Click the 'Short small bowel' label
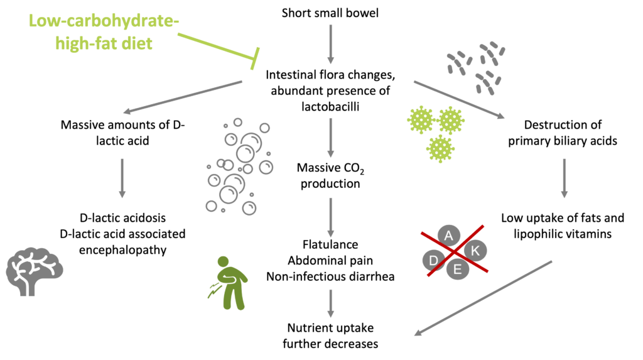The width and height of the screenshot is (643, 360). tap(330, 13)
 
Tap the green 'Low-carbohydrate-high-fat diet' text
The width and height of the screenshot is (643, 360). tap(104, 32)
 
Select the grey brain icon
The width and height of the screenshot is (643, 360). tap(35, 271)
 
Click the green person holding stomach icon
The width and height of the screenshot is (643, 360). tap(229, 283)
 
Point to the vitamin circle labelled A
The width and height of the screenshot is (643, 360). tap(448, 236)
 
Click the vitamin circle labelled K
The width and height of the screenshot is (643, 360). tap(475, 251)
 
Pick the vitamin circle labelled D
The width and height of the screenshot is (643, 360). tap(433, 260)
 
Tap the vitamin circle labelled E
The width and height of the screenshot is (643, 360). tap(457, 269)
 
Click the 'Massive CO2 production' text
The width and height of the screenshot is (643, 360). tap(330, 175)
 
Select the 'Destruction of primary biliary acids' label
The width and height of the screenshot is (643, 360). tap(563, 133)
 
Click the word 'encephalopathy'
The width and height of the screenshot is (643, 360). tap(122, 250)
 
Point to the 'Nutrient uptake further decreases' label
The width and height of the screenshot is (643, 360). tap(330, 335)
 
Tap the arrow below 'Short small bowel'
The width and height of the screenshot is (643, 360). tap(330, 44)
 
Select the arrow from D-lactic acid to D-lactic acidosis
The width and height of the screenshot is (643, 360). tap(122, 178)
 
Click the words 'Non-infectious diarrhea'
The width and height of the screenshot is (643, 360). tap(330, 276)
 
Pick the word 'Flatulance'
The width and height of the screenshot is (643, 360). tap(330, 244)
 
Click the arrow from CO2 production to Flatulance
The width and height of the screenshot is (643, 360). tap(330, 217)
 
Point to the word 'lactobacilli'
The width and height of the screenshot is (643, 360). tap(330, 107)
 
